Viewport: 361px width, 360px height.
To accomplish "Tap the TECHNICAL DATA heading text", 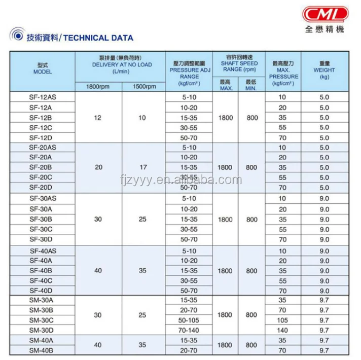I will [99, 38].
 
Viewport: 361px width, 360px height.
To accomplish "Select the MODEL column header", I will [43, 69].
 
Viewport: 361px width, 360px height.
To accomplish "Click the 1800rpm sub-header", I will [98, 87].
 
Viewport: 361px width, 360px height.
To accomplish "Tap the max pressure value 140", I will [282, 330].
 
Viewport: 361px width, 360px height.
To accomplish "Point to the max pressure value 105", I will [282, 320].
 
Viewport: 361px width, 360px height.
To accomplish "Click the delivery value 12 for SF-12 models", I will [98, 118].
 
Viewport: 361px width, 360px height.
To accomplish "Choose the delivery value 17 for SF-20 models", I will [142, 167].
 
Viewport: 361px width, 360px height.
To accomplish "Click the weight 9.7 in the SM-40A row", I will [324, 340].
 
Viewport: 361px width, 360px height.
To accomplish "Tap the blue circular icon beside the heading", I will [17, 37].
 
